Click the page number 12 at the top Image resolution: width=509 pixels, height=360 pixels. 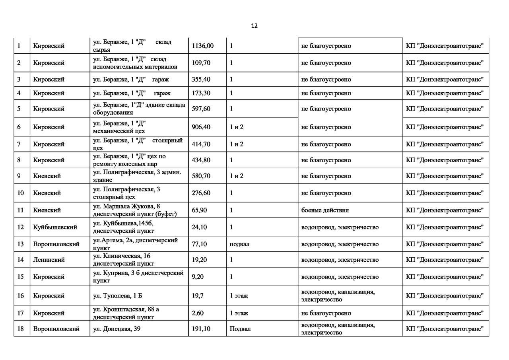click(x=254, y=26)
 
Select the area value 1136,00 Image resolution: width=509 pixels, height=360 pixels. click(x=202, y=46)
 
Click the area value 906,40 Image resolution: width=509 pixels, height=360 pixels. click(x=201, y=127)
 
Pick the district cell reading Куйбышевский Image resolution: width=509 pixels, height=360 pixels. click(x=55, y=228)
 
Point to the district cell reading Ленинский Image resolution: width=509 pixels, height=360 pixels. click(x=49, y=260)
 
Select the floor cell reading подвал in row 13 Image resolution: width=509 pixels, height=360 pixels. click(x=239, y=244)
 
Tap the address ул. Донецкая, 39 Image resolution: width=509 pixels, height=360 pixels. click(x=117, y=329)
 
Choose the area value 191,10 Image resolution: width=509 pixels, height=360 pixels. click(x=201, y=329)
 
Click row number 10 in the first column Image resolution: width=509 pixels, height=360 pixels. click(x=21, y=193)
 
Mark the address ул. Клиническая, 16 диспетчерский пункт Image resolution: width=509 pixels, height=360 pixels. click(x=123, y=260)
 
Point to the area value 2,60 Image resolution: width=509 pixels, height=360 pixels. click(x=198, y=313)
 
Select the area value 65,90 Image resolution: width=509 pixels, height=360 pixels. click(x=199, y=210)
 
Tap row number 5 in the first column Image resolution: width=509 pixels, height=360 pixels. click(x=19, y=109)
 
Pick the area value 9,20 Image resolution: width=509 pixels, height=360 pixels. click(x=198, y=277)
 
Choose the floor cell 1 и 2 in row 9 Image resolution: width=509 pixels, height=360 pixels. click(x=237, y=176)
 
